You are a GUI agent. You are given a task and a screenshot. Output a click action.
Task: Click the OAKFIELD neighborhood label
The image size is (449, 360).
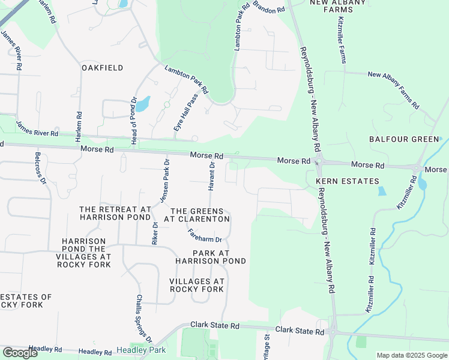point(103,68)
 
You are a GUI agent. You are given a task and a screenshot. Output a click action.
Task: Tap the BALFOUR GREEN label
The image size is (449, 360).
point(404,139)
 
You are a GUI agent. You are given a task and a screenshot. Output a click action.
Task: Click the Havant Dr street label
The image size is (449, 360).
point(211,176)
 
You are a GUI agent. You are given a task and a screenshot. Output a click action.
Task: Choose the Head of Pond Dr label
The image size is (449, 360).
point(134,121)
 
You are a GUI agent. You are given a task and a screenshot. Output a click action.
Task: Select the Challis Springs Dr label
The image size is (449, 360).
point(143,317)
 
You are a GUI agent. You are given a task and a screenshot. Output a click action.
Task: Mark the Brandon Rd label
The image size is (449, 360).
point(268,7)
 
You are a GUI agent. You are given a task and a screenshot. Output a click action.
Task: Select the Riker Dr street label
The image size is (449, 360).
point(155,233)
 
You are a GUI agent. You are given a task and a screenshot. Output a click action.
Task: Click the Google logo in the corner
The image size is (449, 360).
point(20,353)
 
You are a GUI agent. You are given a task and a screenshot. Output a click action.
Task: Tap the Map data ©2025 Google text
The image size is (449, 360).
point(412,355)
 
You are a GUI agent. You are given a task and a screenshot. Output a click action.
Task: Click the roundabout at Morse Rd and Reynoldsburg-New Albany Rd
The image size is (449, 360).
point(319,161)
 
